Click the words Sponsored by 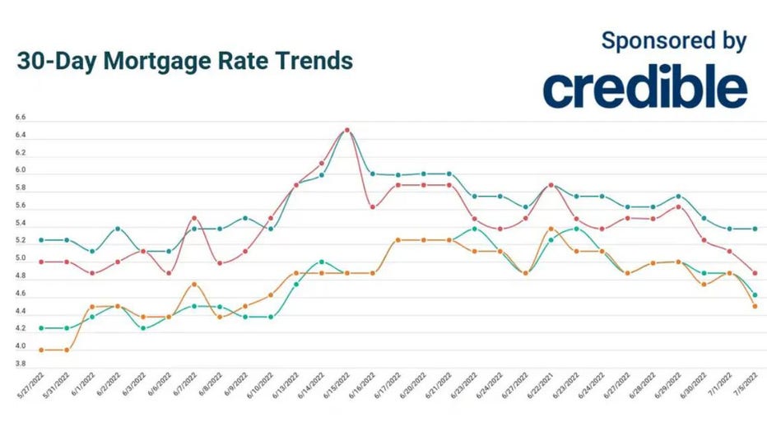pyautogui.click(x=673, y=40)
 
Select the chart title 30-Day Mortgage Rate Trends pyautogui.click(x=184, y=61)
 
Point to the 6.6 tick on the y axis pyautogui.click(x=20, y=118)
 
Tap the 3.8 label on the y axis pyautogui.click(x=20, y=363)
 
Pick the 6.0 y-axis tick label pyautogui.click(x=20, y=170)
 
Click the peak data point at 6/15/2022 pyautogui.click(x=346, y=130)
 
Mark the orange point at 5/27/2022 pyautogui.click(x=41, y=350)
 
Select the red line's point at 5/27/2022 pyautogui.click(x=41, y=262)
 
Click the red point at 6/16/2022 pyautogui.click(x=372, y=206)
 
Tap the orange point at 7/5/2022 pyautogui.click(x=755, y=306)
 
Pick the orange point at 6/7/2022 pyautogui.click(x=194, y=284)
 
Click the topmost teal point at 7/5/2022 pyautogui.click(x=755, y=229)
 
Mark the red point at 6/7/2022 pyautogui.click(x=194, y=218)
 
